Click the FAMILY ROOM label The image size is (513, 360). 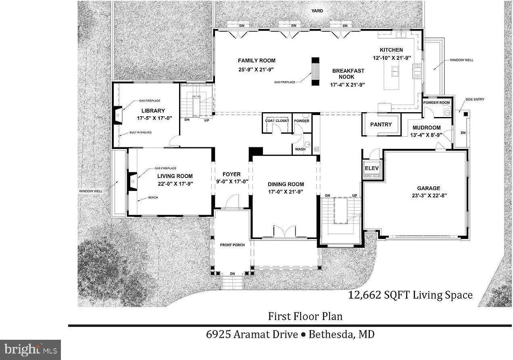point(256,61)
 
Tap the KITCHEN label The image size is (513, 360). point(391,50)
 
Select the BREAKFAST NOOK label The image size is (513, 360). point(348,73)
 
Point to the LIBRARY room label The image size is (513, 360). point(153,111)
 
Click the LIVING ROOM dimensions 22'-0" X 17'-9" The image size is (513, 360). point(175,183)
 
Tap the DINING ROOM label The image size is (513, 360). point(286,184)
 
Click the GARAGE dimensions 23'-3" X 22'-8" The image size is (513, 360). point(429,195)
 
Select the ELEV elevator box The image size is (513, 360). point(371,169)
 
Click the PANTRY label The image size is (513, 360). point(381,124)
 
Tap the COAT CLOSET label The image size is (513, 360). point(277,121)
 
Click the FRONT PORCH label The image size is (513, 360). point(232,245)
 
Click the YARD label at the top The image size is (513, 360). point(317,11)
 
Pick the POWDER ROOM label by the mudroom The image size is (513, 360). point(436,103)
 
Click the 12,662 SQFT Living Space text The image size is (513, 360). point(410,295)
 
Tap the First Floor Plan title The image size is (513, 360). point(305,316)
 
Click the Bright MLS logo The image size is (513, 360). point(30,350)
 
